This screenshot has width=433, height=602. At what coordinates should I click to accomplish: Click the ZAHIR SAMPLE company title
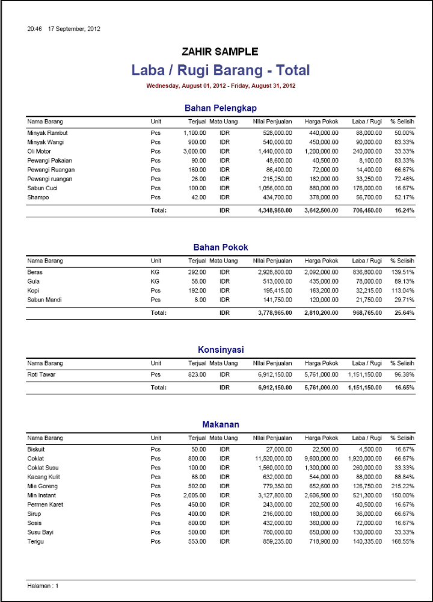(x=220, y=52)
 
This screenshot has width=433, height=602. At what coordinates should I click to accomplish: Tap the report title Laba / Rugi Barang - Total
(x=221, y=70)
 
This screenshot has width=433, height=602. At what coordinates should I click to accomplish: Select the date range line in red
(x=221, y=86)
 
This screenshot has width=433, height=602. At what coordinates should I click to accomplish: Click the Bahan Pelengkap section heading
(x=221, y=108)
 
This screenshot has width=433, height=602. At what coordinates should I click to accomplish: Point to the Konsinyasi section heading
(x=221, y=350)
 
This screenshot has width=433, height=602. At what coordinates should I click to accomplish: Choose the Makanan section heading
(x=221, y=424)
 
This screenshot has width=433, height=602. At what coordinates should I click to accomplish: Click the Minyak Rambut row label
(x=48, y=132)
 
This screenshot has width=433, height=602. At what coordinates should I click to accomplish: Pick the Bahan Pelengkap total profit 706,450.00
(x=364, y=211)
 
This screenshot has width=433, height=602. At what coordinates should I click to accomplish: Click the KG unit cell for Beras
(x=155, y=272)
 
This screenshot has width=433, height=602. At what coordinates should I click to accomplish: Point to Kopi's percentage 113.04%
(x=403, y=290)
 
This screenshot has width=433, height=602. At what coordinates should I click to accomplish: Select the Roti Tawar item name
(x=41, y=374)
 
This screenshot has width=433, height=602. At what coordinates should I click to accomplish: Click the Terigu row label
(x=35, y=541)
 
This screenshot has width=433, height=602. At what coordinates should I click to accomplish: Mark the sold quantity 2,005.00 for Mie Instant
(x=194, y=495)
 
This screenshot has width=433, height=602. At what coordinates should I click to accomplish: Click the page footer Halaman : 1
(x=43, y=586)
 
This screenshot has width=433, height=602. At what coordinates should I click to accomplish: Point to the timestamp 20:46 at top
(x=34, y=29)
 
